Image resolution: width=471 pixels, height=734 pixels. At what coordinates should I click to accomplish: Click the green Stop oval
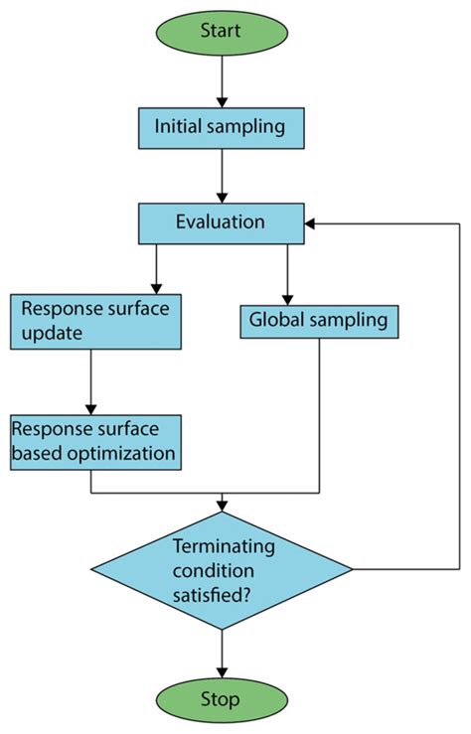tap(221, 699)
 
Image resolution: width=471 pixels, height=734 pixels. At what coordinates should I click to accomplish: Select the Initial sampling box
tap(222, 127)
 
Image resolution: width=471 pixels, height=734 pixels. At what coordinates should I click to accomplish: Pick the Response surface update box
tap(95, 321)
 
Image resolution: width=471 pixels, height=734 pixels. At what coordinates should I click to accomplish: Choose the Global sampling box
tap(319, 321)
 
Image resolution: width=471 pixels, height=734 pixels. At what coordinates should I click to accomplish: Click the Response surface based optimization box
tap(95, 442)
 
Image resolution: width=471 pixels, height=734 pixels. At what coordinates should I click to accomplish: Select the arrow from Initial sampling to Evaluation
tap(222, 177)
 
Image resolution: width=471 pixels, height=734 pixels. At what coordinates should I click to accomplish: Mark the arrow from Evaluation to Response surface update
tap(157, 268)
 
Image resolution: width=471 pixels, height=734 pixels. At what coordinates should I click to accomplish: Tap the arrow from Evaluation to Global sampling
tap(287, 274)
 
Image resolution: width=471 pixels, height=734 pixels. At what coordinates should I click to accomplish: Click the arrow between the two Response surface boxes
tap(91, 382)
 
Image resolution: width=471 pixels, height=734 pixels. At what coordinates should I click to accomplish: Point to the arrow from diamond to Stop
tap(222, 650)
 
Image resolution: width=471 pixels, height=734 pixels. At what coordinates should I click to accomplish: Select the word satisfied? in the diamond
tap(223, 593)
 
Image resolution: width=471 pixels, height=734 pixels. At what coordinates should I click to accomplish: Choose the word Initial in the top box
tap(181, 127)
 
